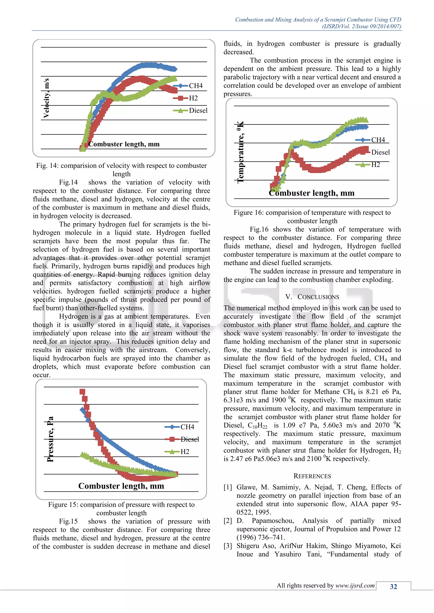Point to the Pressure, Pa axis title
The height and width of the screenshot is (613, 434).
tap(50, 439)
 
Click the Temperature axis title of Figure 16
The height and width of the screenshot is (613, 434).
tap(241, 152)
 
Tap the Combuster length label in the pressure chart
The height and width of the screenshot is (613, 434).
tap(121, 486)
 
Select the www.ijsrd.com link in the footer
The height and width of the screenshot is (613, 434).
tap(355, 585)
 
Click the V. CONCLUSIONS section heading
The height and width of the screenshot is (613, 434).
tap(312, 297)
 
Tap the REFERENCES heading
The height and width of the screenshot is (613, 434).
tap(312, 476)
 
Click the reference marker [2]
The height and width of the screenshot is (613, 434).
tap(228, 521)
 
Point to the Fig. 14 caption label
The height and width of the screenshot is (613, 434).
tap(47, 166)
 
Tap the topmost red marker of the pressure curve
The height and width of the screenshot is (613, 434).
tap(82, 392)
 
